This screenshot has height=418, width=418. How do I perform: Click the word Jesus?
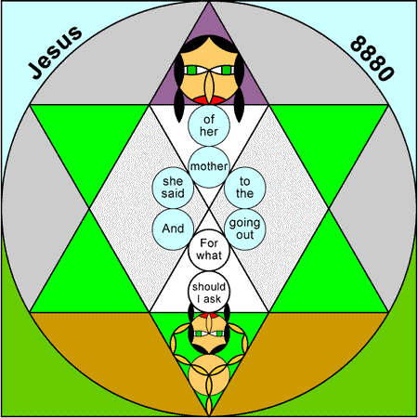[55, 52]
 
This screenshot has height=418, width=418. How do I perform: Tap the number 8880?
[372, 59]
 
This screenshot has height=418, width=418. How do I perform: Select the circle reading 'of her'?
[209, 125]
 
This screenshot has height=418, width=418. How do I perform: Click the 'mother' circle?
[209, 167]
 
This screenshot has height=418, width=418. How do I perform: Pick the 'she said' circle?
[173, 188]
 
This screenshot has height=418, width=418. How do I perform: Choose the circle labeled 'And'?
[173, 229]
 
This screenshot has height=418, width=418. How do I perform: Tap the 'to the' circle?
[245, 188]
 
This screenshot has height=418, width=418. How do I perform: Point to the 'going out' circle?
[245, 229]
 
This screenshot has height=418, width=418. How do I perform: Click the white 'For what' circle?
[209, 250]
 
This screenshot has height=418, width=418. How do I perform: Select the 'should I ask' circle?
[209, 292]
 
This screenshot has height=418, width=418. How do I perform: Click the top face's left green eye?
[192, 70]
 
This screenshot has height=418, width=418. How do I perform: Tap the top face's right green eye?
[227, 70]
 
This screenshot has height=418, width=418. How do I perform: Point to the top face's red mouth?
[209, 100]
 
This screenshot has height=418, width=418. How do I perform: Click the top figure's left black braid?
[179, 89]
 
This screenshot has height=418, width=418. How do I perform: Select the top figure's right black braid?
[239, 89]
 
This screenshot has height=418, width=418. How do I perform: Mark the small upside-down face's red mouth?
[209, 316]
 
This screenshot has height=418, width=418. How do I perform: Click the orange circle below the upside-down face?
[209, 375]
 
